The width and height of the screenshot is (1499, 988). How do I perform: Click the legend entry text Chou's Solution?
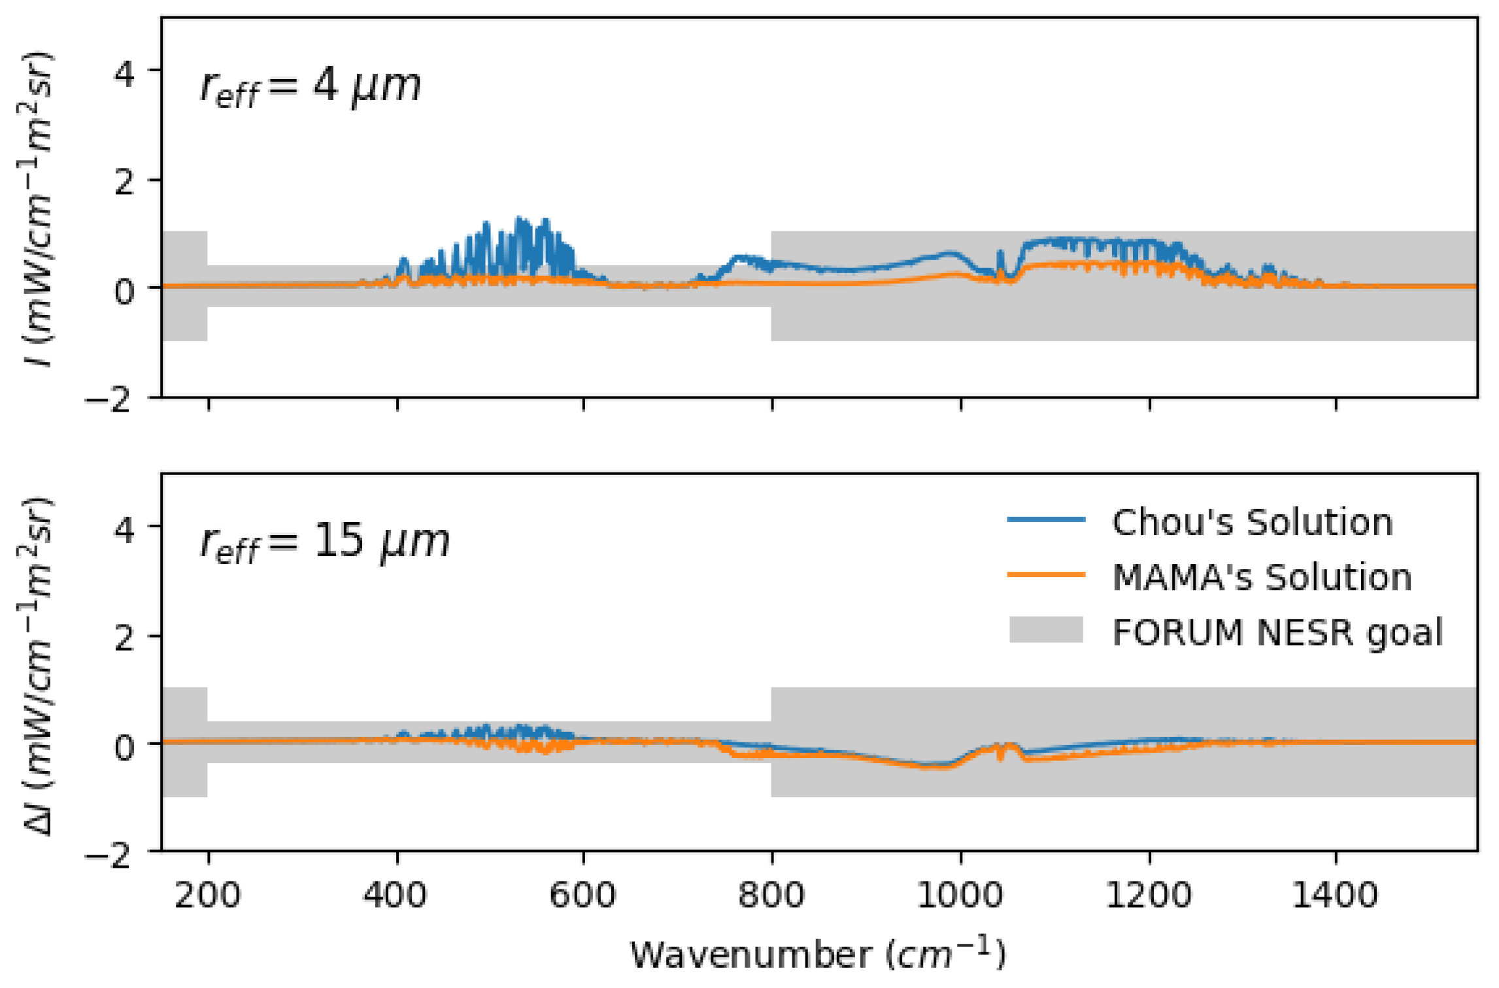pyautogui.click(x=1252, y=523)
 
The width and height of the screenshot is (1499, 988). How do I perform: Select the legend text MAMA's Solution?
pyautogui.click(x=1262, y=578)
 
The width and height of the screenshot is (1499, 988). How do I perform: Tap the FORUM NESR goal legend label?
pyautogui.click(x=1277, y=633)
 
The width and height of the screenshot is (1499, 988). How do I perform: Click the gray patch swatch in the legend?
pyautogui.click(x=1046, y=630)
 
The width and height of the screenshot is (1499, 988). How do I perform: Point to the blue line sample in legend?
pyautogui.click(x=1046, y=519)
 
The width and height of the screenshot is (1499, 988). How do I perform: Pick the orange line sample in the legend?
pyautogui.click(x=1046, y=574)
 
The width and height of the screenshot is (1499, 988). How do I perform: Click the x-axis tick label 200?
pyautogui.click(x=207, y=895)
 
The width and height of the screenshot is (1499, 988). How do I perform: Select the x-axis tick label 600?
pyautogui.click(x=582, y=895)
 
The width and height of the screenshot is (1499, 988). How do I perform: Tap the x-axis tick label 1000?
pyautogui.click(x=960, y=895)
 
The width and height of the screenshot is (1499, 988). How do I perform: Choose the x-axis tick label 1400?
pyautogui.click(x=1335, y=895)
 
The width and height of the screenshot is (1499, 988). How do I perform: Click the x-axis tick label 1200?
pyautogui.click(x=1148, y=895)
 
